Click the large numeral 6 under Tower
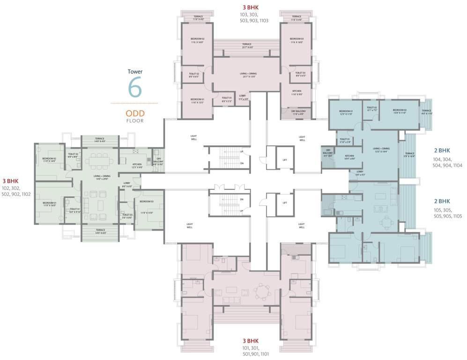134,88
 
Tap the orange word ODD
134,113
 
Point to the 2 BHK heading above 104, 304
441,150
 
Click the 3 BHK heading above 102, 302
10,180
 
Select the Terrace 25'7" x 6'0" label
247,46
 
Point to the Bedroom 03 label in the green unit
147,202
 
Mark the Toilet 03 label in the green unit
127,216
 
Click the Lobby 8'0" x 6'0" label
126,185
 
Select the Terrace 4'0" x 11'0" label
427,112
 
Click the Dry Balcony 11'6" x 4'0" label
297,112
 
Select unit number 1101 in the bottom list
259,354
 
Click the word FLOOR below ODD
134,121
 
